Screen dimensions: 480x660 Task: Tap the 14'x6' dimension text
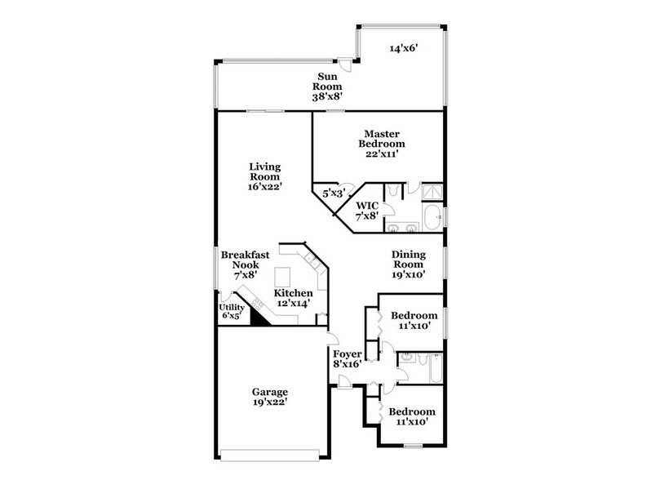(403, 48)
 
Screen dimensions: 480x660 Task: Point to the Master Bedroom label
(382, 143)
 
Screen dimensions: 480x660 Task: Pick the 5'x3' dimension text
(330, 195)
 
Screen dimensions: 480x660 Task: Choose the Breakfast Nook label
(245, 266)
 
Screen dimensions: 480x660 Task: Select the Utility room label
(232, 312)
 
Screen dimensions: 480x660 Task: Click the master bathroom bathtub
(432, 217)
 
